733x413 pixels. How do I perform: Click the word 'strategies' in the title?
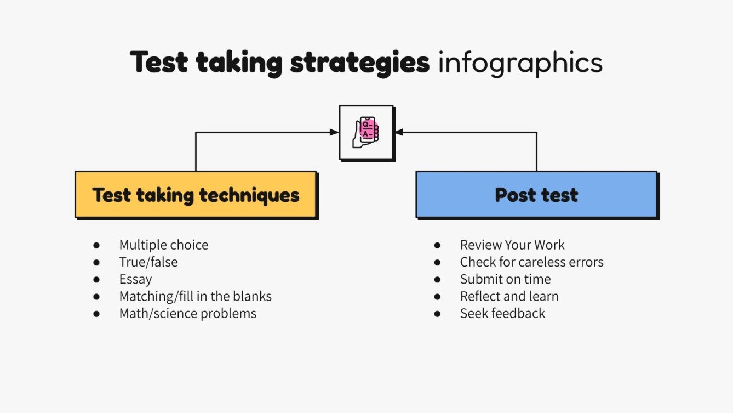coord(359,63)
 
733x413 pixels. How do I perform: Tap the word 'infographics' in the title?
coord(520,63)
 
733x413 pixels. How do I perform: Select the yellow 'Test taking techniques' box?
coord(196,195)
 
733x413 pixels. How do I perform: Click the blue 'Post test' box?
coord(536,195)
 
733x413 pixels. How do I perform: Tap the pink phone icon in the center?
coord(366,132)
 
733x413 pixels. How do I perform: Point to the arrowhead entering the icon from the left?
coord(334,132)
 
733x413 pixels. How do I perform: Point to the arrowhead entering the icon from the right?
coord(399,132)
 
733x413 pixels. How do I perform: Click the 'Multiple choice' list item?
coord(164,245)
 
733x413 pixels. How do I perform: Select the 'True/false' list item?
coord(148,262)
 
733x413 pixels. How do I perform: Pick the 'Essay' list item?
coord(135,279)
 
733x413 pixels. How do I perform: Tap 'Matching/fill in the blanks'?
coord(196,296)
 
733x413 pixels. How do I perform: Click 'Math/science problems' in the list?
coord(188,314)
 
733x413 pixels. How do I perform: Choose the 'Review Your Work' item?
coord(512,245)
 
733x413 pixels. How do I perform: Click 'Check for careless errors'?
coord(531,262)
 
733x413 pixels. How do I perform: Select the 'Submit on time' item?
coord(505,279)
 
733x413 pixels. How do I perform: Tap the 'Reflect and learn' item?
coord(509,296)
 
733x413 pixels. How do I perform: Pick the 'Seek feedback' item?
coord(502,314)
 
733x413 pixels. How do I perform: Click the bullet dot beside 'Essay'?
coord(96,280)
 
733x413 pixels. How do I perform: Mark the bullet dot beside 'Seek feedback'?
coord(437,314)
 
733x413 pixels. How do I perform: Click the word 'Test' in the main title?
coord(160,63)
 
